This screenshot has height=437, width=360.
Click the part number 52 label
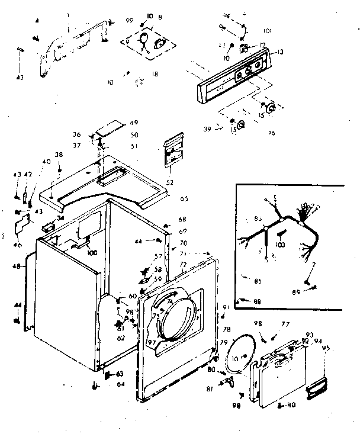(170, 182)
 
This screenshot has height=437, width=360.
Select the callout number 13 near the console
(279, 52)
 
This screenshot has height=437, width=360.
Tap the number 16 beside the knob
(271, 133)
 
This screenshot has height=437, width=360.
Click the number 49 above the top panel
(134, 123)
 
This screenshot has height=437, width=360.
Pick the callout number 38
(58, 155)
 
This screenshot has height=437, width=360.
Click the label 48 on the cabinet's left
(14, 267)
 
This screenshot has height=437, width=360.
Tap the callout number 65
(184, 198)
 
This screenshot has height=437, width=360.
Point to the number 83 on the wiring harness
(258, 219)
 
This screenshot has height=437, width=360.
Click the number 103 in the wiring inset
(281, 243)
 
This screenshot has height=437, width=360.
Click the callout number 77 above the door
(285, 324)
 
